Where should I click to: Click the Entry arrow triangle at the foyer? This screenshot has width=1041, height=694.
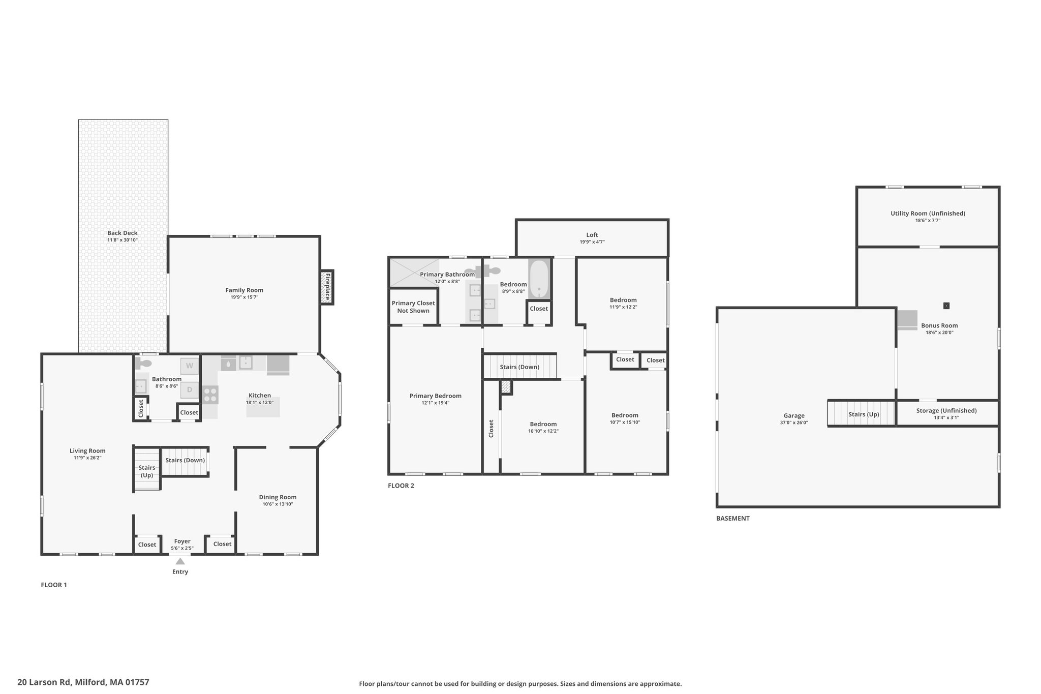tap(180, 561)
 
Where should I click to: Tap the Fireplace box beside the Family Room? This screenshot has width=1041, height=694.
tap(327, 287)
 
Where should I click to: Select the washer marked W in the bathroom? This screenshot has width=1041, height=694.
tap(190, 366)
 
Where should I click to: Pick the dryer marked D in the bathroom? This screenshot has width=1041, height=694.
tap(190, 390)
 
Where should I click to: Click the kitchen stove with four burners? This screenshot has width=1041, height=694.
tap(210, 395)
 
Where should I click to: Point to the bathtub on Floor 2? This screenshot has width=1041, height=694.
tap(539, 280)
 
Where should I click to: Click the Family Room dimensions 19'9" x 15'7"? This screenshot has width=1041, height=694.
tap(244, 297)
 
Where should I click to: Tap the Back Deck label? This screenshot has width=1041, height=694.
tap(123, 233)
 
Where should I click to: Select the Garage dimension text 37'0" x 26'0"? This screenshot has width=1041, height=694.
tap(794, 423)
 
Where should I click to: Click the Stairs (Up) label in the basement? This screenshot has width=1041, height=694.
tap(864, 414)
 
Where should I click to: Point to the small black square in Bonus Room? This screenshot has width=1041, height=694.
tap(946, 306)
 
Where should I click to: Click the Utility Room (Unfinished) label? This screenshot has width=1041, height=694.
tap(928, 214)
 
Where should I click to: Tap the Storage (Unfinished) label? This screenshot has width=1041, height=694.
tap(946, 411)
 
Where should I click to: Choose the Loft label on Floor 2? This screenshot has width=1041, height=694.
tap(592, 235)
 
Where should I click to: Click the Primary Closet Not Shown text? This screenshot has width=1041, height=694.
tap(413, 307)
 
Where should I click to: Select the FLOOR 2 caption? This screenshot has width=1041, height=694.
tap(401, 486)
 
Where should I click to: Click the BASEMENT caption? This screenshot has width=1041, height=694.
tap(733, 519)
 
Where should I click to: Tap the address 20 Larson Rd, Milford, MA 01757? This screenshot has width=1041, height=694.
tap(83, 682)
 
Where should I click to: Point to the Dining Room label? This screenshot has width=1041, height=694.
tap(278, 497)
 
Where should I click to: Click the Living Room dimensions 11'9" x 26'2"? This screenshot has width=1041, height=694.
tap(87, 458)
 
